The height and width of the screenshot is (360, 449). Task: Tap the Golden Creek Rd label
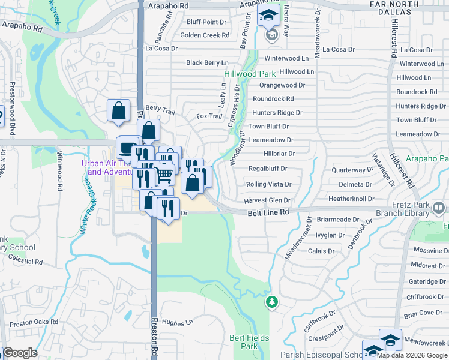point(205,35)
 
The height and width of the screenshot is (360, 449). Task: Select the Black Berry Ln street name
point(207,62)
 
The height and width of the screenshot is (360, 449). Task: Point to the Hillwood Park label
point(250,74)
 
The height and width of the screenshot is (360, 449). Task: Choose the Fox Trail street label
point(209,116)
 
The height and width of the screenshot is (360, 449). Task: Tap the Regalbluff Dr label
point(267,169)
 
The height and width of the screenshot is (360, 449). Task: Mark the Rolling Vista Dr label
point(269,184)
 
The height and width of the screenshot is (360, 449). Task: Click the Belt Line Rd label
point(268,212)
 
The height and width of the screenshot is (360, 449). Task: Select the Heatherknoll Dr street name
point(351,199)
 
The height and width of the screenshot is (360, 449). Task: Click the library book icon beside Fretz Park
point(439,208)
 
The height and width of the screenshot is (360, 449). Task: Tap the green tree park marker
point(272,301)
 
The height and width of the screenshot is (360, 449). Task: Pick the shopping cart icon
point(164,175)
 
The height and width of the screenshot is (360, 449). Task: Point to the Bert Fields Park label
point(243,342)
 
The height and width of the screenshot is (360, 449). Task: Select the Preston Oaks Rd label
point(34,322)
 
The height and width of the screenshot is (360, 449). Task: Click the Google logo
point(20,353)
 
